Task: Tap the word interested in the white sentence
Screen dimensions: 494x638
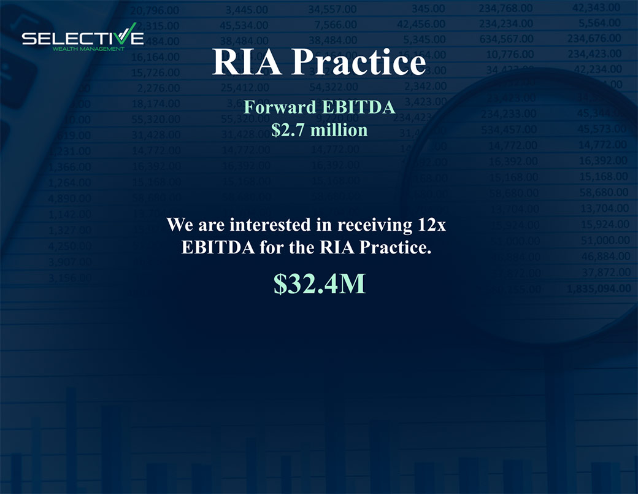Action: [272, 225]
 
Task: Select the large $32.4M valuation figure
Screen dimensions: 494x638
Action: [319, 284]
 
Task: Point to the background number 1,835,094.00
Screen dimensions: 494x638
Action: [599, 288]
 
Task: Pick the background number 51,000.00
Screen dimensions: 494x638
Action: [604, 241]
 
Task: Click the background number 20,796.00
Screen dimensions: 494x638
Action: [155, 9]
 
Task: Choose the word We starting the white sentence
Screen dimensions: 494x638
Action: [179, 225]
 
